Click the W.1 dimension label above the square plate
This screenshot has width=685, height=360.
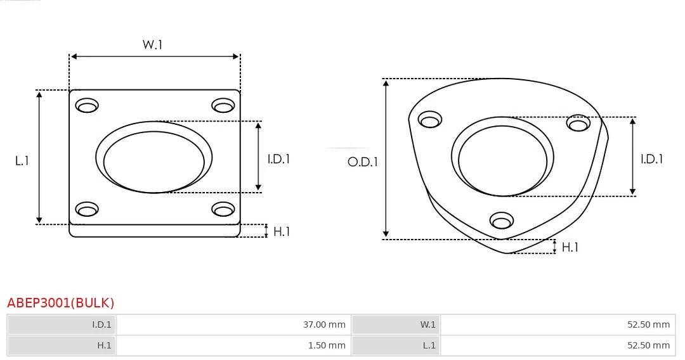[153, 45]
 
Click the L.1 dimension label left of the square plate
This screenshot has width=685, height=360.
[22, 161]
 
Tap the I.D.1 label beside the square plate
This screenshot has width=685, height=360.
[278, 159]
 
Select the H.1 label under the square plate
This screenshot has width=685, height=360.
[282, 231]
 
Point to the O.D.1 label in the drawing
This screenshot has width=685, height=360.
[363, 162]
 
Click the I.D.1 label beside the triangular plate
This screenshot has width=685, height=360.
[651, 159]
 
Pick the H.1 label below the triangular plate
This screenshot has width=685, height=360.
[570, 247]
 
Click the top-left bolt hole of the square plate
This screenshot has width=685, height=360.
[87, 105]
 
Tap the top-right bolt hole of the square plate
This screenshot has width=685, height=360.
[223, 105]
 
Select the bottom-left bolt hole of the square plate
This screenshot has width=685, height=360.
[87, 209]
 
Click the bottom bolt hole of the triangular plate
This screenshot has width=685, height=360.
[502, 221]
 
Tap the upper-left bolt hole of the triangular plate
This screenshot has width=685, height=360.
[431, 119]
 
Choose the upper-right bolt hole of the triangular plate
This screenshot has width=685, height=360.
[578, 123]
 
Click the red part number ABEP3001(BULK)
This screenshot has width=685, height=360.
[61, 303]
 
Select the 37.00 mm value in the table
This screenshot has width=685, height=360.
[324, 325]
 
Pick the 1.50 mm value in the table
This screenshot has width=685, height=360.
[327, 345]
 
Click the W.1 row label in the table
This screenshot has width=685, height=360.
[428, 325]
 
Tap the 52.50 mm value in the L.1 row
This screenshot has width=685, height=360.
[648, 345]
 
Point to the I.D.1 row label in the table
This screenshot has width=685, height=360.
[101, 325]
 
